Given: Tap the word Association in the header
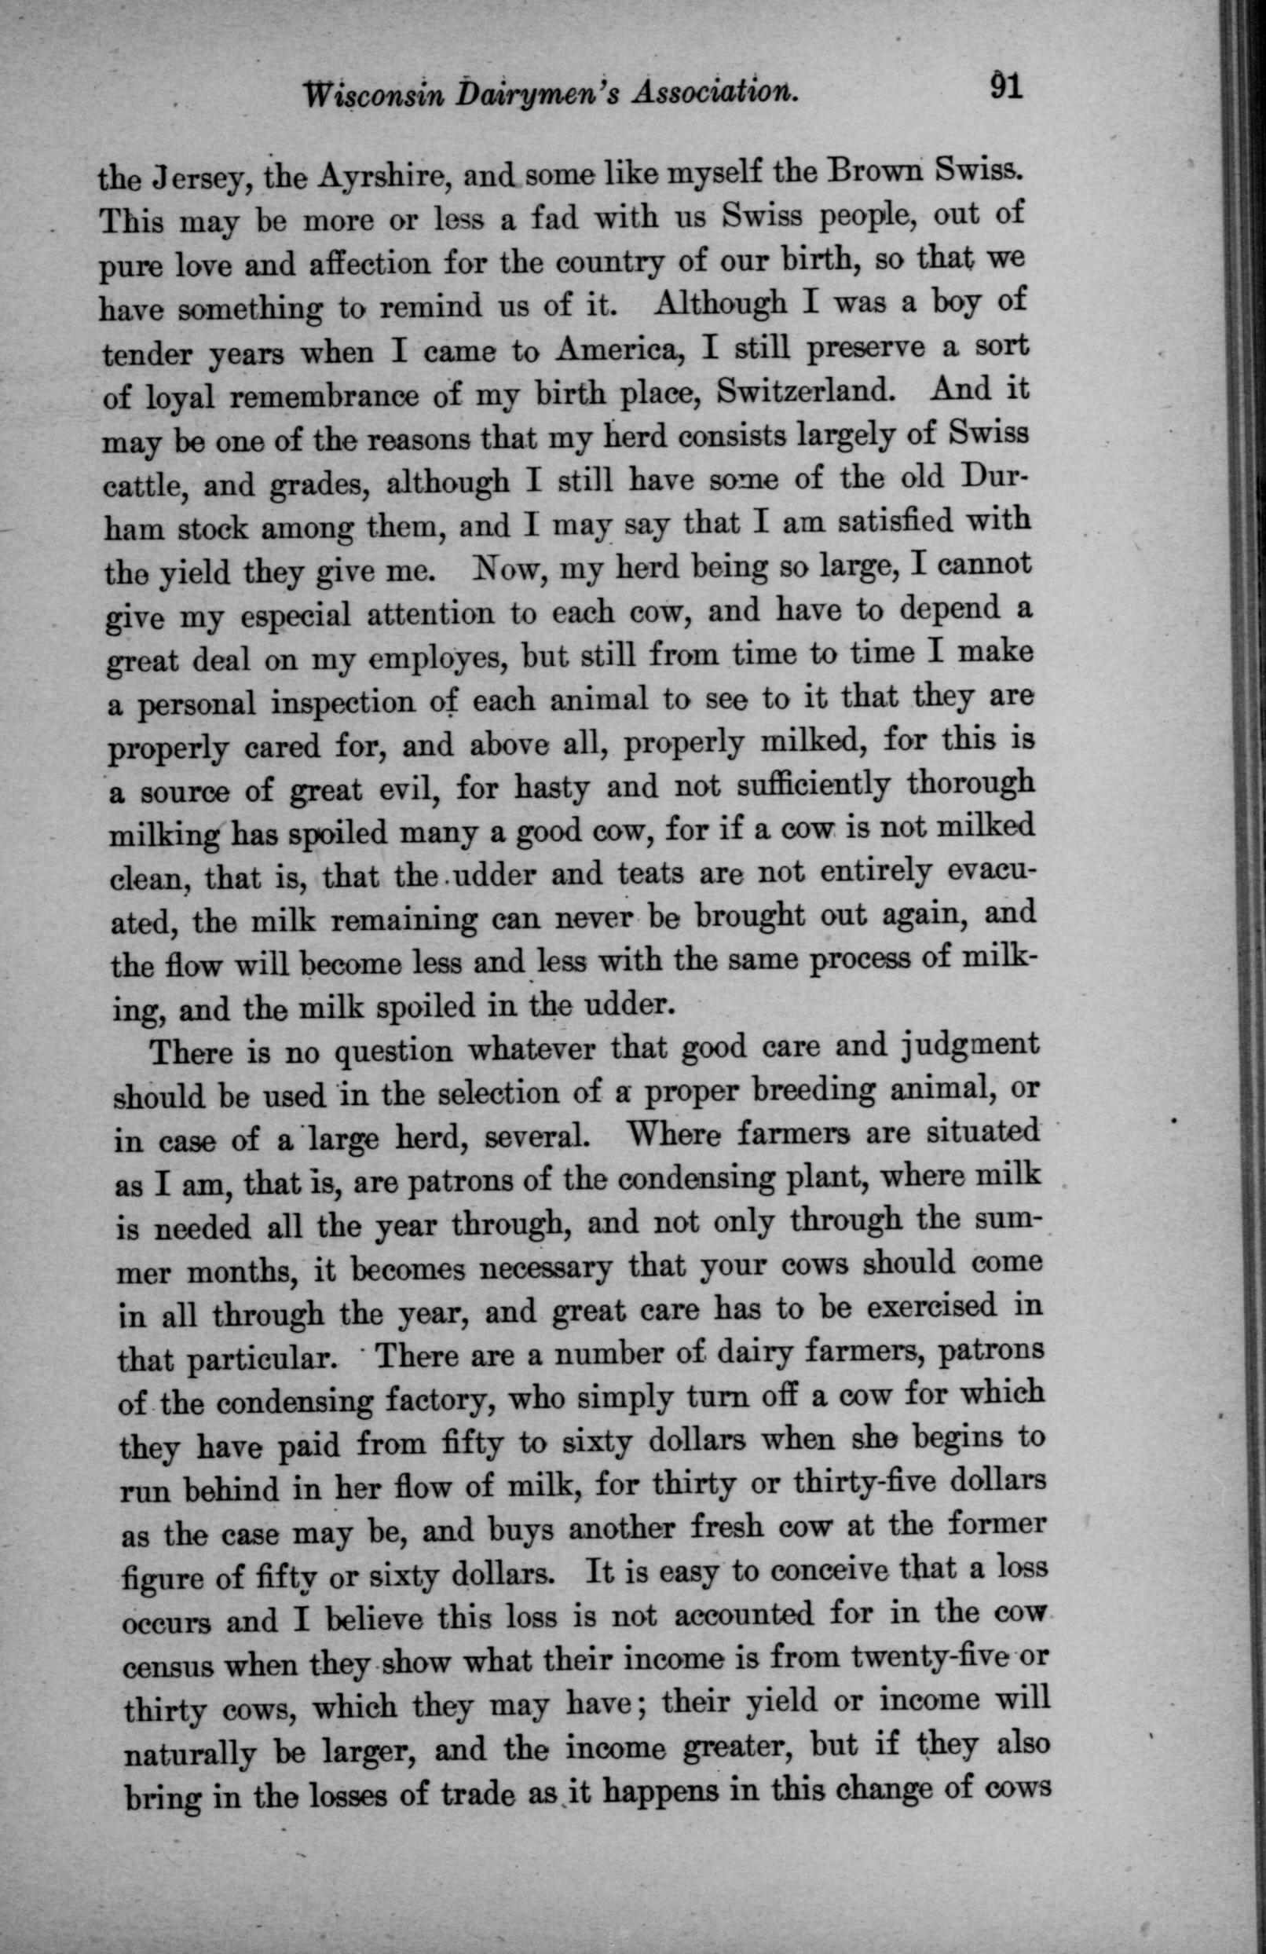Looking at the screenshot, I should tap(712, 95).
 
